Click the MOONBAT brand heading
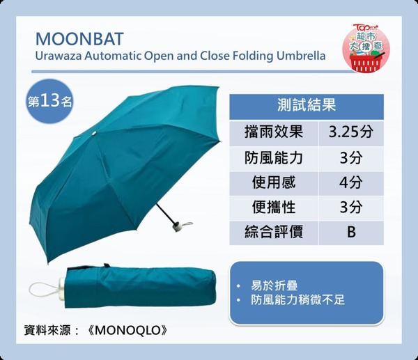pos(79,39)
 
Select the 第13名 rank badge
pos(50,102)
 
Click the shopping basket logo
pos(366,49)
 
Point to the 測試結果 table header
pos(307,106)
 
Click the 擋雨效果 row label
pos(274,132)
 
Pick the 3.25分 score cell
pos(351,132)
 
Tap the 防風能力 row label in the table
pos(274,158)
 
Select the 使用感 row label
pos(274,183)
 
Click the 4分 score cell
pos(351,183)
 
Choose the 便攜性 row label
pos(274,208)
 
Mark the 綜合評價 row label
pos(274,232)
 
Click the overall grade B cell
pos(351,232)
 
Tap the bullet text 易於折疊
pos(274,285)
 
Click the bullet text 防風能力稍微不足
pos(297,300)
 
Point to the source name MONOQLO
pos(127,331)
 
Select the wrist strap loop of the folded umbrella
pos(44,290)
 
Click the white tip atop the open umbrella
pos(94,133)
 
